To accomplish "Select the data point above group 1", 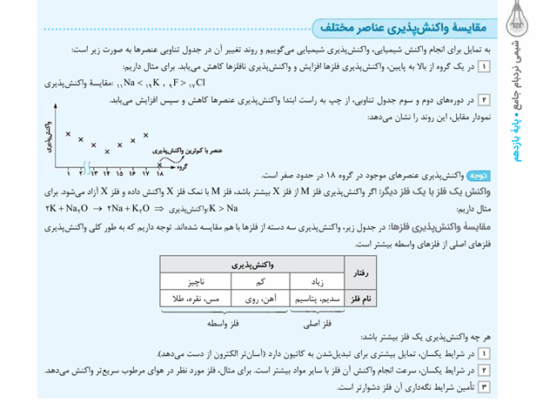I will point(68,133).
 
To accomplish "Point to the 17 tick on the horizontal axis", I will point(145,173).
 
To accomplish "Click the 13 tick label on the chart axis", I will point(93,173).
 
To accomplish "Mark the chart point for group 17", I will point(145,135).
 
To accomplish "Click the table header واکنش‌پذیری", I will point(253,263).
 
